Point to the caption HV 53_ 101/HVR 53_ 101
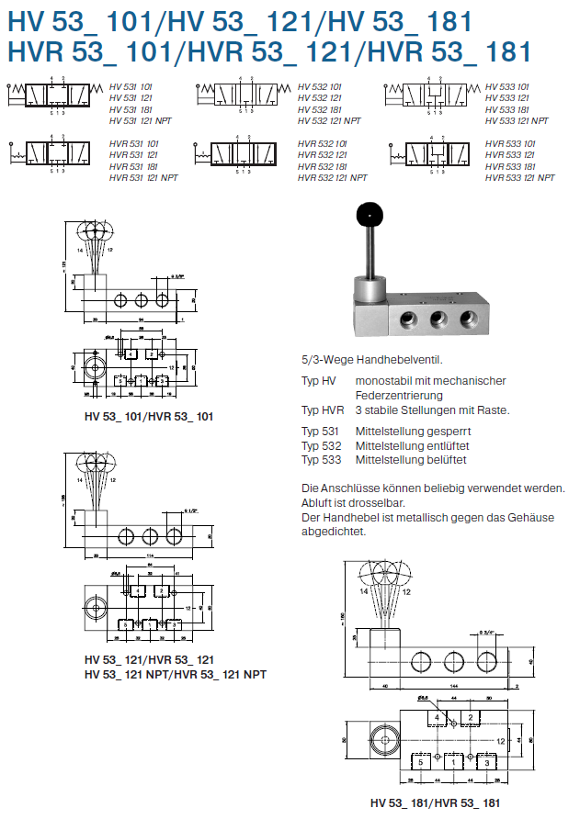click(148, 417)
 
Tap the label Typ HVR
click(323, 410)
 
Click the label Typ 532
click(321, 445)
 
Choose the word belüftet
click(444, 459)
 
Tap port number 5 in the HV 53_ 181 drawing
click(418, 761)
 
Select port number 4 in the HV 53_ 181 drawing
click(437, 716)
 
